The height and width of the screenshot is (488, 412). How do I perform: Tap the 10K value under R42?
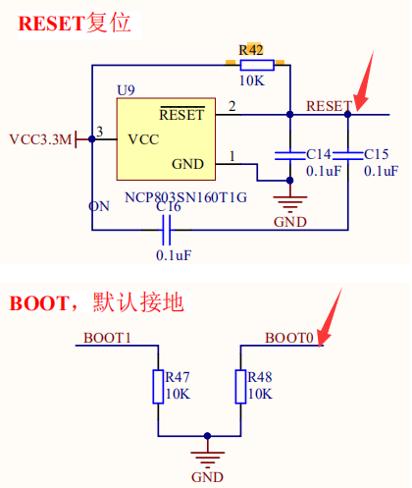pos(251,80)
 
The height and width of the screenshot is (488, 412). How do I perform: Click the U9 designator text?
pos(126,90)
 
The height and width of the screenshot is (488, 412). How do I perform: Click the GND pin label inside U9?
pos(188,163)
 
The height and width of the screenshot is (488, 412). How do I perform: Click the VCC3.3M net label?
pos(40,138)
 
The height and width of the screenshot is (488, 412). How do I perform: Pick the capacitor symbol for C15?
pos(347,154)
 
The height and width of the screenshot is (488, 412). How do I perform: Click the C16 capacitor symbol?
pos(167,231)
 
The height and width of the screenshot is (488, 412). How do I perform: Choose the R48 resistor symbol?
pos(240,386)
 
